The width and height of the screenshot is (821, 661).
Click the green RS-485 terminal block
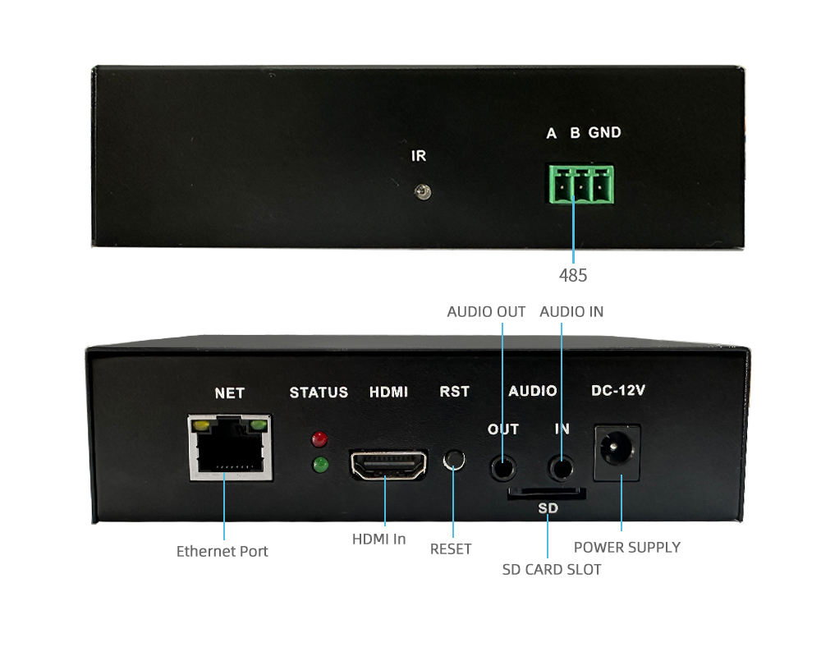coord(581,185)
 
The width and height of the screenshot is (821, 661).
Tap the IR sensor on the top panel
coord(423,192)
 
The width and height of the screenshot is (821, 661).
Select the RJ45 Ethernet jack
coord(230,448)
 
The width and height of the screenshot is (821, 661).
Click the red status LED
coord(319,439)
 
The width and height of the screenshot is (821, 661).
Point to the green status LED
coord(320,465)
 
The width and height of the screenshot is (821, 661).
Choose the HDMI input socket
coord(388,465)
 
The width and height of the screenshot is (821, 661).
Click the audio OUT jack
coord(502,468)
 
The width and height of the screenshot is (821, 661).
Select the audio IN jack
coord(561,468)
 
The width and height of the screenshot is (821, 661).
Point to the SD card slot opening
coord(546,493)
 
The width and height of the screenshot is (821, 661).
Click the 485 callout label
coord(573,276)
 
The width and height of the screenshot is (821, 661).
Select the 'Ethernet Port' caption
coord(222,552)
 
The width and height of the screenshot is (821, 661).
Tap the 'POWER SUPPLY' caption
coord(627,548)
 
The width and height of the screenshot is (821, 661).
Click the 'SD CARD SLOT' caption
coord(552,570)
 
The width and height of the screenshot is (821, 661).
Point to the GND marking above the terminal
coord(605,132)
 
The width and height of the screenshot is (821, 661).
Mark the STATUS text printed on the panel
coord(319,392)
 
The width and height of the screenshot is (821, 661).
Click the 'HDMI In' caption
coord(378,539)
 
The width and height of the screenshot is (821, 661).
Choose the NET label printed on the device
coord(229,392)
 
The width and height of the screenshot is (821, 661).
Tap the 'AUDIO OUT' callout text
coord(486,312)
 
